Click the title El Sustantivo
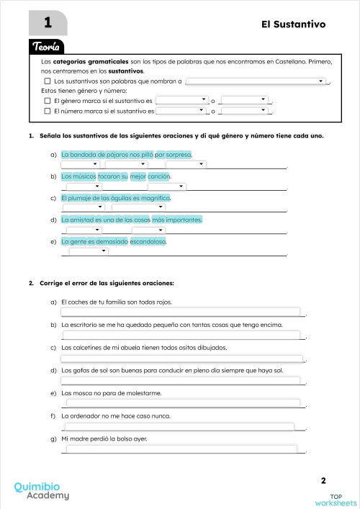pos(294,24)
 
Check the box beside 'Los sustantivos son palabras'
pos(48,82)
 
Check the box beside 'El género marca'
pos(48,102)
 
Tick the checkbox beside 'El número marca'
pos(48,112)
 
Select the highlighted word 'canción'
pos(159,176)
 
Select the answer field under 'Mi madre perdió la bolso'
pos(180,449)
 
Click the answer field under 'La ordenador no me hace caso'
pos(180,425)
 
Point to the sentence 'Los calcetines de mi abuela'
pos(144,348)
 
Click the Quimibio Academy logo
pos(42,491)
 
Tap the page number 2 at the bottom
pos(323,480)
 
